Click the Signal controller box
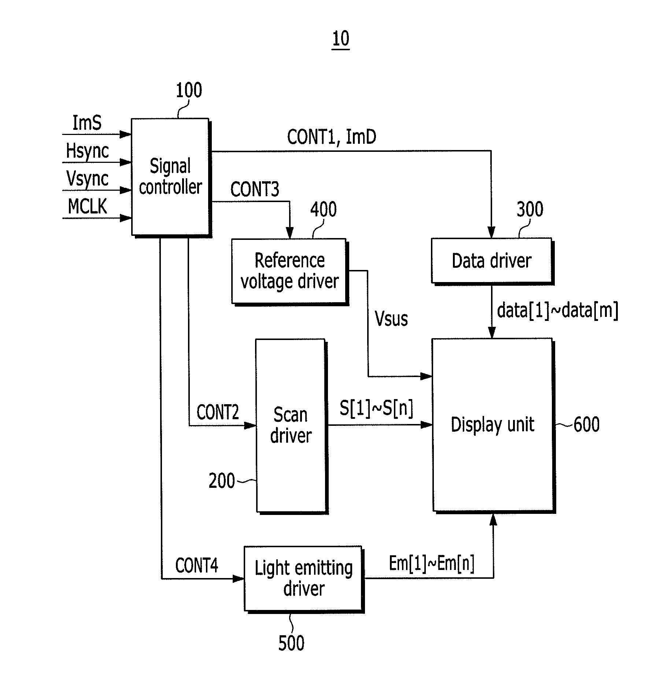pos(171,178)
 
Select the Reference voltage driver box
pos(290,272)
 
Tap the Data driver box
pos(492,261)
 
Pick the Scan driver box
pos(292,426)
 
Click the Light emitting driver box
pos(304,579)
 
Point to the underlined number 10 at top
pos(341,39)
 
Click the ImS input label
pos(87,123)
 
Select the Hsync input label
pos(87,151)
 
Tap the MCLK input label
pos(87,206)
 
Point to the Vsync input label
pos(87,179)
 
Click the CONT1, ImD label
pos(332,137)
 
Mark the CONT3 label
pos(255,189)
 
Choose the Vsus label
pos(391,318)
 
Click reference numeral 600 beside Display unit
pos(586,425)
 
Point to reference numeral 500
pos(291,643)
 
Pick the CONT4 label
pos(197,565)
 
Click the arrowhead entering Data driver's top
pos(491,233)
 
